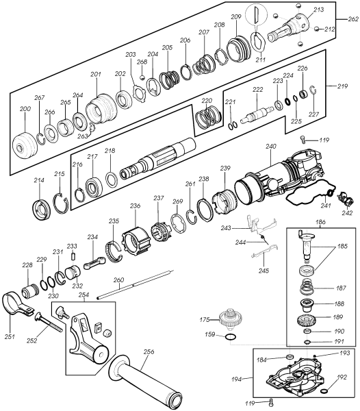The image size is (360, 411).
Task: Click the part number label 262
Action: [353, 19]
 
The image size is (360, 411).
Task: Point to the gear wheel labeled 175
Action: [230, 319]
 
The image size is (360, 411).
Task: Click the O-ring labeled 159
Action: [231, 336]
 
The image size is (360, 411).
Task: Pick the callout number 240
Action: [271, 146]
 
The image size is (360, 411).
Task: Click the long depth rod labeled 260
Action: [135, 284]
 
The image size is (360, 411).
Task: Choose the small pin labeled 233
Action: [73, 255]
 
